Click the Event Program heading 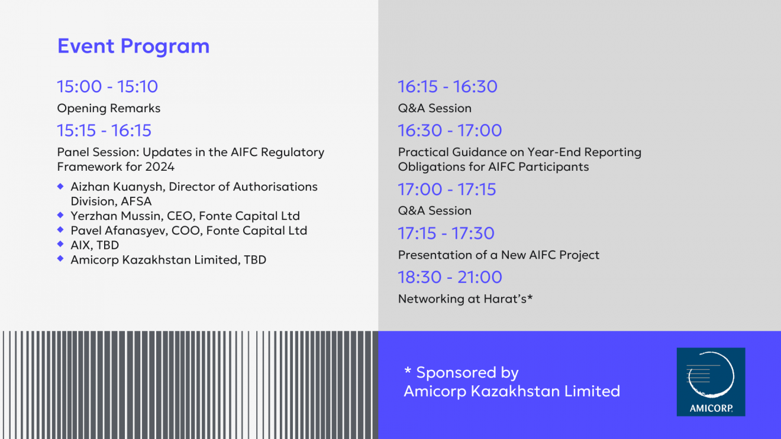click(134, 46)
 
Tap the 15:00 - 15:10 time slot click(108, 86)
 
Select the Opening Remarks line click(109, 108)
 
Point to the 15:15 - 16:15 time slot click(104, 131)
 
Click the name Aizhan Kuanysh click(117, 187)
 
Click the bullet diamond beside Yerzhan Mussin click(61, 215)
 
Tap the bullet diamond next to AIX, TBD click(61, 244)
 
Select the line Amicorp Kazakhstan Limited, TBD click(169, 260)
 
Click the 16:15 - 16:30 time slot click(448, 86)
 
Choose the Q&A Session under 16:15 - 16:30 click(435, 108)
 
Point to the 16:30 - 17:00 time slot click(450, 131)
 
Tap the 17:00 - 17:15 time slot click(447, 190)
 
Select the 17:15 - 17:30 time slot click(446, 233)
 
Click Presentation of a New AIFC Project click(499, 255)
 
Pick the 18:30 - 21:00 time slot click(450, 278)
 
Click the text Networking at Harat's click(462, 299)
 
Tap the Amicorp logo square click(711, 382)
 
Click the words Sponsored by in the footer click(467, 373)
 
